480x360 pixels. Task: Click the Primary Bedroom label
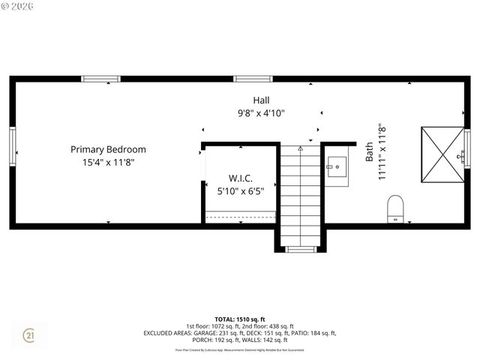(x=108, y=149)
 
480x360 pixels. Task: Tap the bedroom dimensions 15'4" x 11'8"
(x=108, y=162)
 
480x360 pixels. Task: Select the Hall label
(x=261, y=100)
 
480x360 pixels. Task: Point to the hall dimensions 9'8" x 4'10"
(x=261, y=113)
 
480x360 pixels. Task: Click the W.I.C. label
(x=240, y=178)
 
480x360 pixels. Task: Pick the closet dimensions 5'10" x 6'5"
(x=240, y=191)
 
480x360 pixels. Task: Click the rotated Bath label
(x=369, y=152)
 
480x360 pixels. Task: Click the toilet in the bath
(x=395, y=208)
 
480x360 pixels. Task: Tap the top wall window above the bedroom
(x=100, y=79)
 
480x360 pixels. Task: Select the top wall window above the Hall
(x=252, y=79)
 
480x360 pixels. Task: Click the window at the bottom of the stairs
(x=301, y=249)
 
